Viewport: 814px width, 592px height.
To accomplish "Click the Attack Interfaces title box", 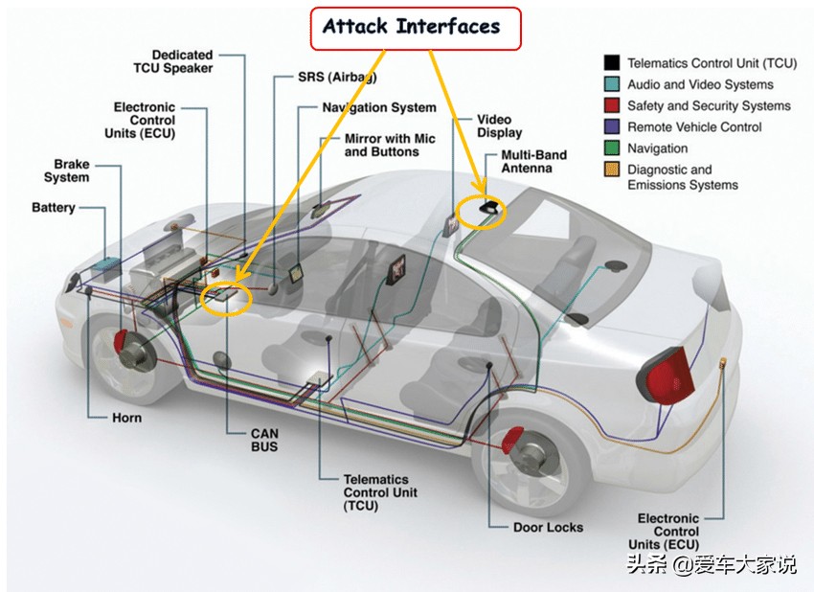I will point(414,27).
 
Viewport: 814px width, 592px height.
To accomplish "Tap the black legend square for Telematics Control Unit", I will point(611,63).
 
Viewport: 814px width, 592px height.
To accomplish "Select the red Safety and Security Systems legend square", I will point(611,105).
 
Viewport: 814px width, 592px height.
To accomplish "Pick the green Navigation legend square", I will point(611,148).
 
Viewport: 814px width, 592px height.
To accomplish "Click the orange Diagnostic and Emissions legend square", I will point(611,171).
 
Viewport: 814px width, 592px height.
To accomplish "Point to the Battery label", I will point(53,208).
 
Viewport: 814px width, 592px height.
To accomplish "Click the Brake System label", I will point(66,171).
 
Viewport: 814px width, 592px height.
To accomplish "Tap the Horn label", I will point(126,418).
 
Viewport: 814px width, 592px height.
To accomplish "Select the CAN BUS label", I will point(264,440).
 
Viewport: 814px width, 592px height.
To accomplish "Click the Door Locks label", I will point(549,527).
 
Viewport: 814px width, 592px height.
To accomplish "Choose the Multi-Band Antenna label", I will point(533,162).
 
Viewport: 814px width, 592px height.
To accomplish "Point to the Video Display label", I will point(500,126).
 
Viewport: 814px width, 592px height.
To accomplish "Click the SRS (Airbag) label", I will point(336,77).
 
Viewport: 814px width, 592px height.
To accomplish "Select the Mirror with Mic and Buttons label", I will point(389,146).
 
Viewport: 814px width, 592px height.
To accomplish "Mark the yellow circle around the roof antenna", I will point(478,212).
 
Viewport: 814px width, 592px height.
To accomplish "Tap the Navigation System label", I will point(378,108).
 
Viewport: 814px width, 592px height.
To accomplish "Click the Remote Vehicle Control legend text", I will point(694,127).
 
